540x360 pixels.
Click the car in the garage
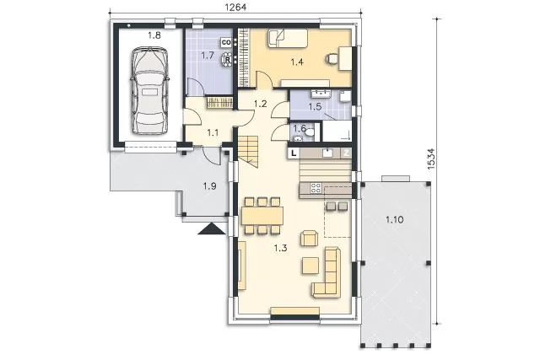tap(150, 90)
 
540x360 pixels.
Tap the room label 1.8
tap(154, 35)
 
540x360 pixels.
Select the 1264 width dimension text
tap(235, 7)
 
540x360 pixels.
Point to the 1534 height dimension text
tap(431, 159)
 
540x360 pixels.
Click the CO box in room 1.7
tap(226, 42)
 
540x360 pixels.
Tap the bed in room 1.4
tap(288, 38)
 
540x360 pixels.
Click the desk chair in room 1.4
tap(332, 59)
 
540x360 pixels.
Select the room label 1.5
tap(315, 107)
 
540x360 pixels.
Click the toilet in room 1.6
tap(310, 132)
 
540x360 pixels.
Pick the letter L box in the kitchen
tap(294, 153)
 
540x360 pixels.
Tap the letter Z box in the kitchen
tap(346, 153)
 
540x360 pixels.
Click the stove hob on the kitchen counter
tap(316, 188)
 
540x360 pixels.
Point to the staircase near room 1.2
tap(248, 152)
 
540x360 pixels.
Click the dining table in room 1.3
tap(262, 216)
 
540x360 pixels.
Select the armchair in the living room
tap(309, 238)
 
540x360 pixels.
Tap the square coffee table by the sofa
tap(310, 266)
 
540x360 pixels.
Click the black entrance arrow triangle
tap(212, 228)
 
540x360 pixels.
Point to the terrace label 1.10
tap(394, 219)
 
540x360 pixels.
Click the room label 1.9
tap(209, 186)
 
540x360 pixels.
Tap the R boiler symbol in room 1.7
tap(228, 59)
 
